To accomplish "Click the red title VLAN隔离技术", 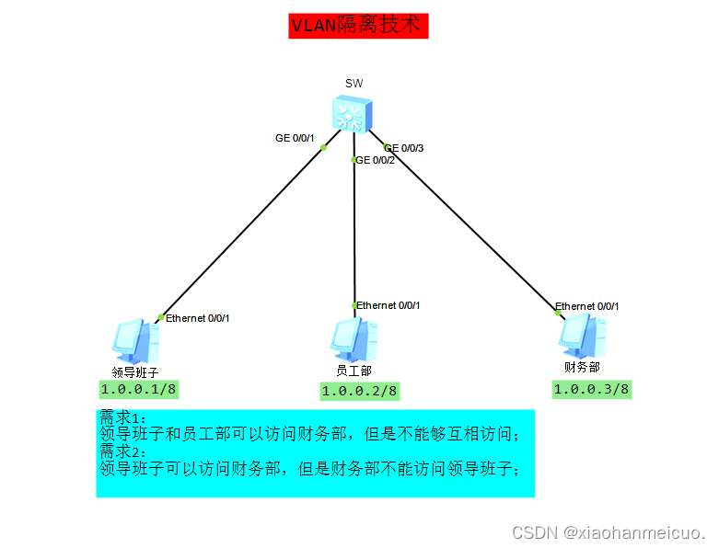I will [x=358, y=26].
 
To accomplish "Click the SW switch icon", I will [x=354, y=114].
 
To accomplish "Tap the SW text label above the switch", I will [x=354, y=84].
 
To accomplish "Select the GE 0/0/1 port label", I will [x=295, y=138].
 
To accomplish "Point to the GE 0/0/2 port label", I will [x=376, y=160].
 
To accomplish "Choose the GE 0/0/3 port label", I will [x=404, y=148].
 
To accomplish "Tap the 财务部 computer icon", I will [x=582, y=336].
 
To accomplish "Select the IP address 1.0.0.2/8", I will [x=359, y=391].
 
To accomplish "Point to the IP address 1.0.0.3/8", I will [x=591, y=388].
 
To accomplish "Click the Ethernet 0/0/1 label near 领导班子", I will [x=197, y=318].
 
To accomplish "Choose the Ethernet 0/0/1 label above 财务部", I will [x=587, y=306].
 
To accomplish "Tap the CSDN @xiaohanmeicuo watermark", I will [x=609, y=532].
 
